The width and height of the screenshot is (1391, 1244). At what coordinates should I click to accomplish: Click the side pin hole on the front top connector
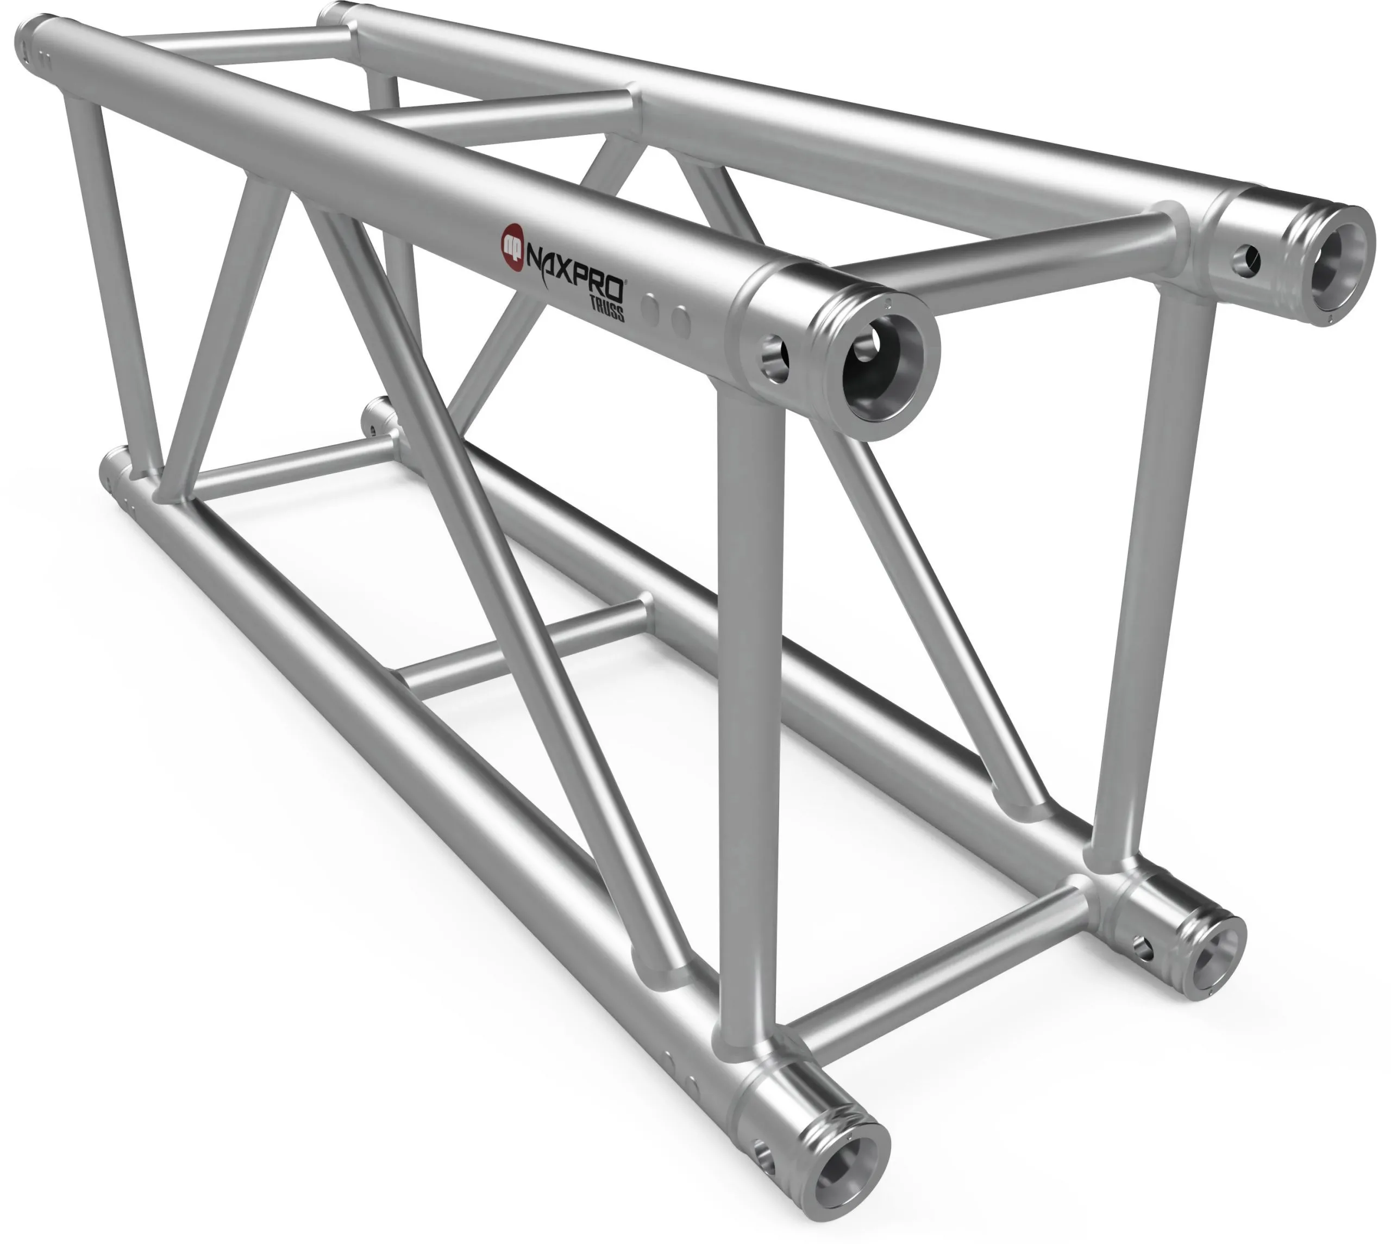point(774,357)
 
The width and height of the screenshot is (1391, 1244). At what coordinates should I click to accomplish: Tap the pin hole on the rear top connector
point(1243,259)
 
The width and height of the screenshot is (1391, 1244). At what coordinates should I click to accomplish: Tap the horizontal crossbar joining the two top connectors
point(1011,256)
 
